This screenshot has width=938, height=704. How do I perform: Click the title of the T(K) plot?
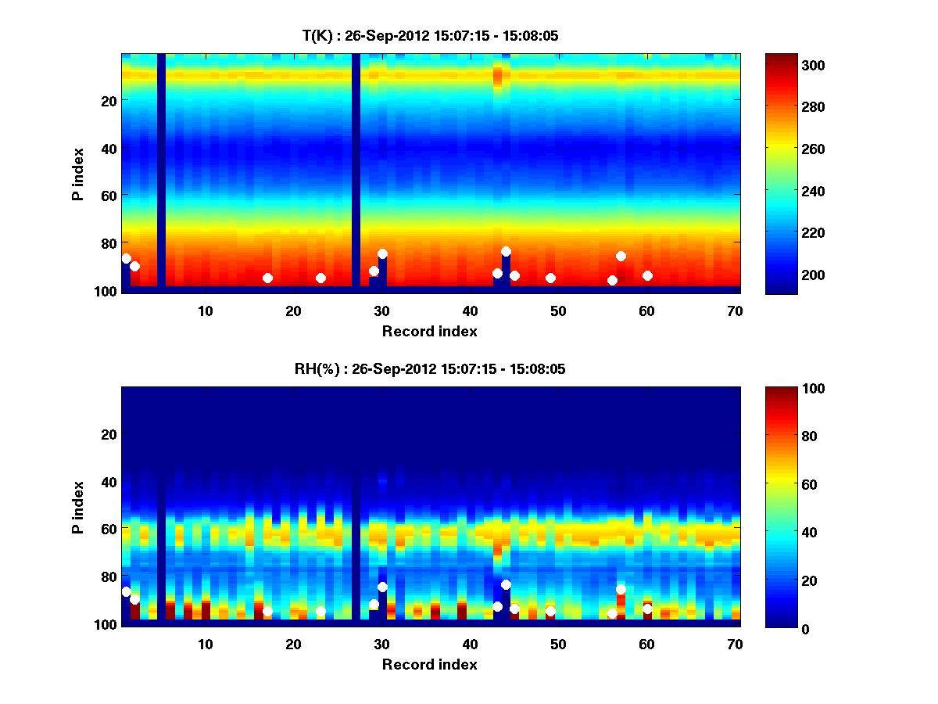[430, 36]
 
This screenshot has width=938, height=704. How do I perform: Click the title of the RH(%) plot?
[430, 369]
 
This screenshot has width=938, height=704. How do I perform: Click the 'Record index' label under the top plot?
[430, 331]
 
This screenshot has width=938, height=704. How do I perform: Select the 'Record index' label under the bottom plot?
[430, 664]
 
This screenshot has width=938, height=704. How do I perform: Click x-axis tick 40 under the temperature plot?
[470, 311]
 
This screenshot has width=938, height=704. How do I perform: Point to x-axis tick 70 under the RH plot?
[735, 644]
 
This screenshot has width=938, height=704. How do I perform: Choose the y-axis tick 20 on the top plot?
[108, 101]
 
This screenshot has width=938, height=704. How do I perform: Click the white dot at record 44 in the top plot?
[506, 251]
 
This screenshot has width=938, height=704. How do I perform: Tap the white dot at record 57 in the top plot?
[621, 256]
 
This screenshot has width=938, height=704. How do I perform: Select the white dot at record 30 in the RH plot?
[382, 587]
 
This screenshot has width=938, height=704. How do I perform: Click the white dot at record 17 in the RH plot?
[267, 611]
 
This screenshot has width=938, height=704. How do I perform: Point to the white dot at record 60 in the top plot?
[647, 275]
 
